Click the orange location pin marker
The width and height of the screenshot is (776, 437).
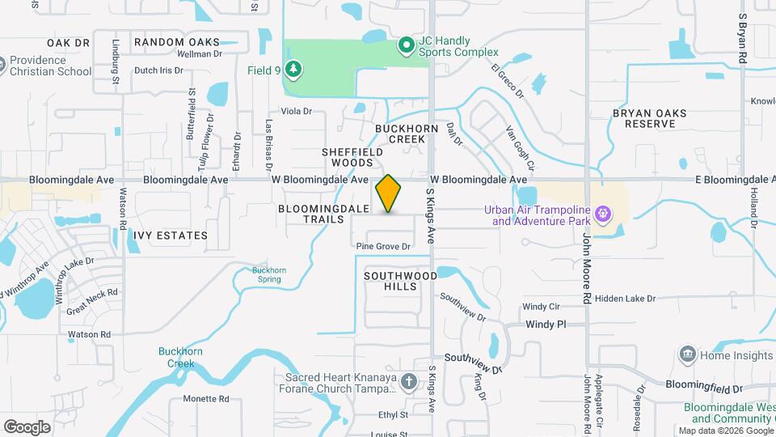click(x=389, y=193)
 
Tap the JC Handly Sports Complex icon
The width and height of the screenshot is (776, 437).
click(x=407, y=45)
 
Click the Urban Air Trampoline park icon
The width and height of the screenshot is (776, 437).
click(x=601, y=214)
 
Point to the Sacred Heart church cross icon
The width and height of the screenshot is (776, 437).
click(x=410, y=381)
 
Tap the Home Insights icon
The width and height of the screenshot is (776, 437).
click(x=688, y=354)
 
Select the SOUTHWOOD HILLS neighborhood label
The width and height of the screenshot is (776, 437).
click(x=400, y=281)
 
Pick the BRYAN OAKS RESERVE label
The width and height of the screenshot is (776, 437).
click(x=643, y=118)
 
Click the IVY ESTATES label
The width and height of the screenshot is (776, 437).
click(x=171, y=235)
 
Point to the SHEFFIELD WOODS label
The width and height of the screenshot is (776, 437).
click(x=352, y=157)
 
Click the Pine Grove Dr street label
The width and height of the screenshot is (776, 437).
click(x=384, y=246)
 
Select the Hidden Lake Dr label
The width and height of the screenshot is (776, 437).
click(x=625, y=299)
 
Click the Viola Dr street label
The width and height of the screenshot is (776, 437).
click(x=296, y=111)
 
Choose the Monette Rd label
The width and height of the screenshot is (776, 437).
click(x=206, y=399)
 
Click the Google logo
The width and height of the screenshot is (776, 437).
click(x=27, y=426)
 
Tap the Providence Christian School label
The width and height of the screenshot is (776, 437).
click(x=50, y=66)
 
